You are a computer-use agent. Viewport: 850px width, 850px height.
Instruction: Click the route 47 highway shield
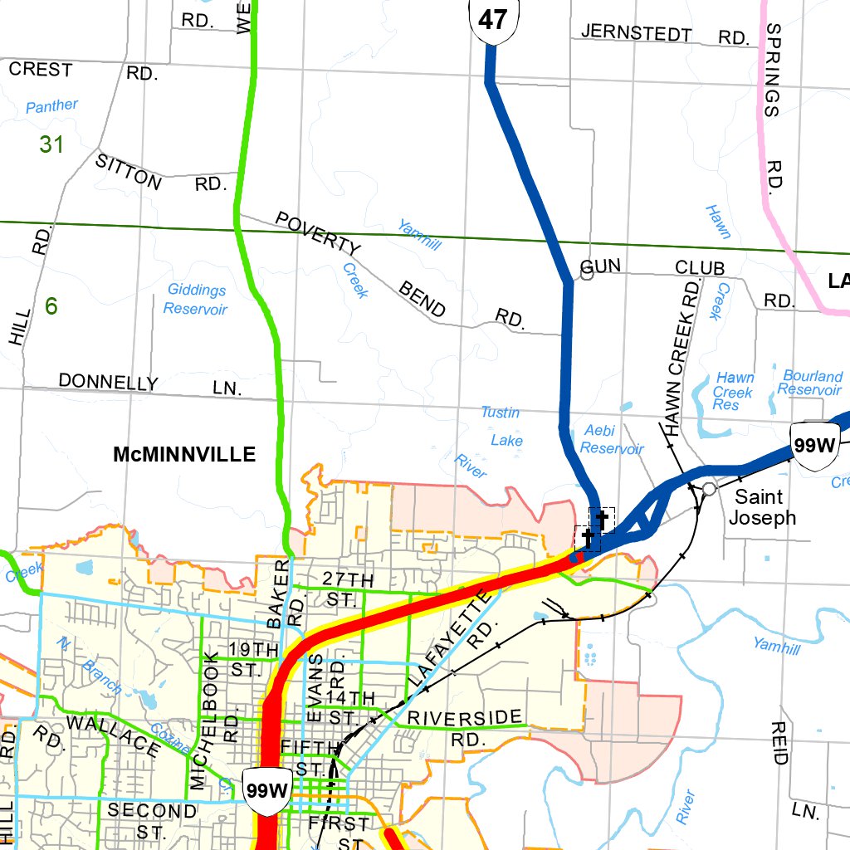[x=493, y=20]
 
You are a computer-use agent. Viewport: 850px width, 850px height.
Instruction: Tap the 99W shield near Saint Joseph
[x=813, y=445]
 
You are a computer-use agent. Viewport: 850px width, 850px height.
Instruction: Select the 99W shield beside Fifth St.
[x=266, y=789]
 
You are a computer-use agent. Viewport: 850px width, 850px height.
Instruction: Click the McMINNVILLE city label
[x=184, y=455]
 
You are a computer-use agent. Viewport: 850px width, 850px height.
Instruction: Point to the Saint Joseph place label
[x=761, y=507]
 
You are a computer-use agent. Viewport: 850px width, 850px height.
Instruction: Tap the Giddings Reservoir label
[x=196, y=299]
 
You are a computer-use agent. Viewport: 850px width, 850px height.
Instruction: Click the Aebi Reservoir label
[x=611, y=439]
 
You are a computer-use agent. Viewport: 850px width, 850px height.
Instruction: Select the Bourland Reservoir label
[x=812, y=383]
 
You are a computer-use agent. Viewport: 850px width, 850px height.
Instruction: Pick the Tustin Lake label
[x=503, y=426]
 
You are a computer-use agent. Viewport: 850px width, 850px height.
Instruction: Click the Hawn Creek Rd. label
[x=683, y=357]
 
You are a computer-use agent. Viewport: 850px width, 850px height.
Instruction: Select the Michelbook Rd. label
[x=208, y=720]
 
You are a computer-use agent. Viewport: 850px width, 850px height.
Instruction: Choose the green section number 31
[x=51, y=144]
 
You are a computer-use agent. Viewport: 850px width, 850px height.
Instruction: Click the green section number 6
[x=51, y=306]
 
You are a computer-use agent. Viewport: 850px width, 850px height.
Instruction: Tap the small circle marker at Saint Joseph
[x=708, y=489]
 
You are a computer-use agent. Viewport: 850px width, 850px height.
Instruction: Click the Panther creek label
[x=51, y=106]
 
